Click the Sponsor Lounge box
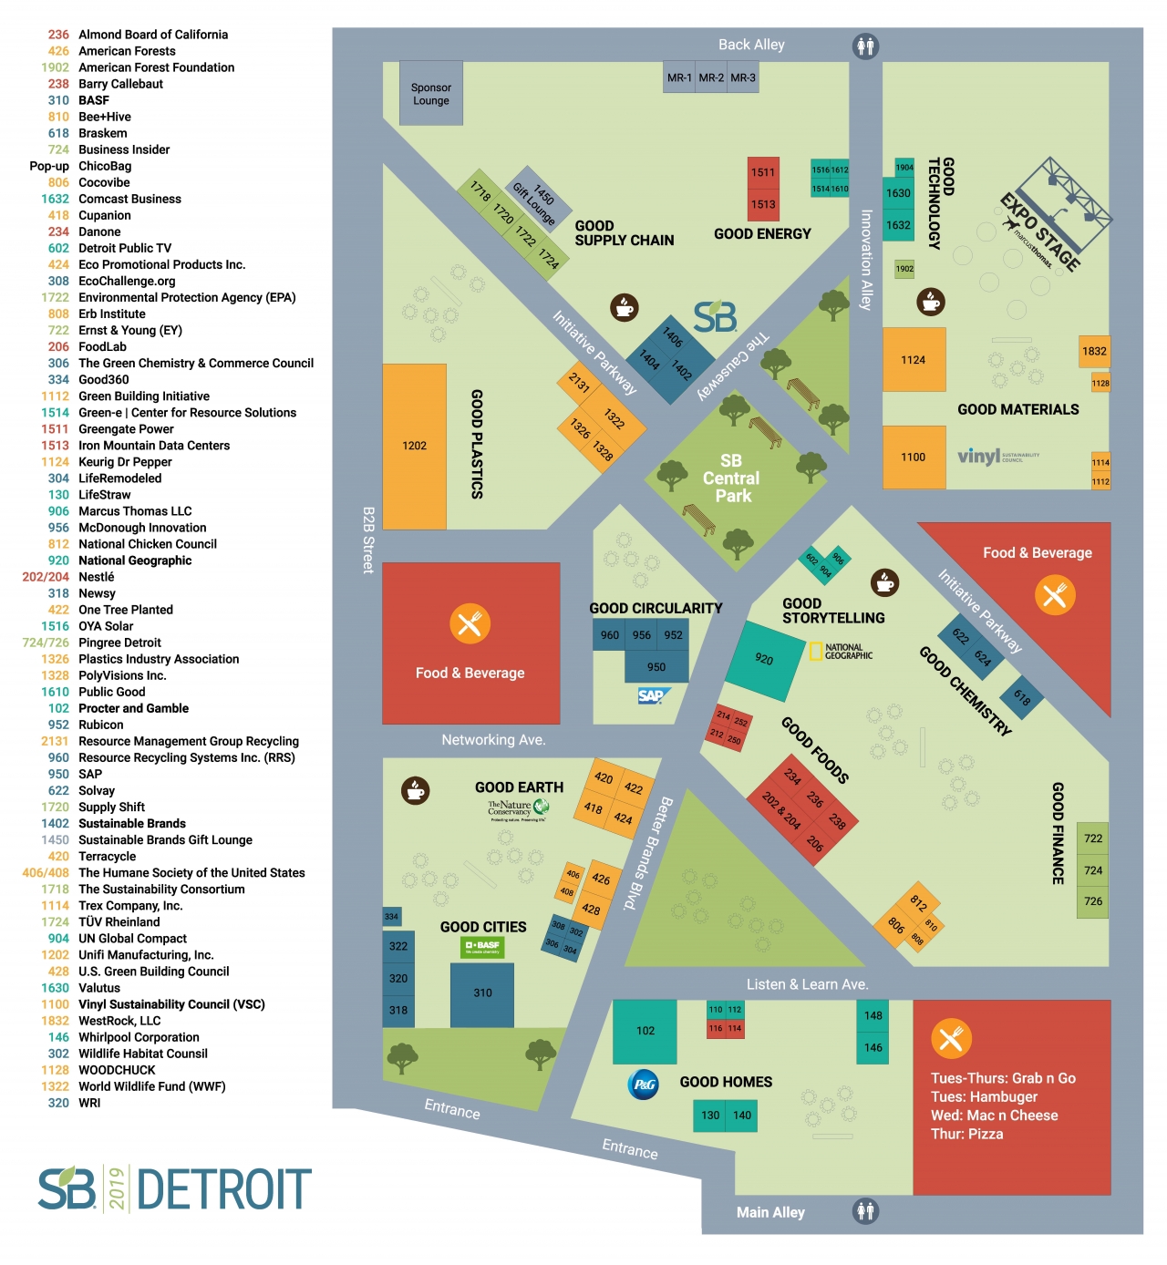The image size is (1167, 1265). tap(431, 94)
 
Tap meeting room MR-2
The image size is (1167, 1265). tap(711, 78)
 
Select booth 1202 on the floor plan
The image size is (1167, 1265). tap(415, 446)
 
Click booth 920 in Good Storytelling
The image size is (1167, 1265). tap(765, 660)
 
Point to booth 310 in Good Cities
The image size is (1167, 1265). tap(482, 993)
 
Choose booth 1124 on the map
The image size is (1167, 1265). tap(914, 360)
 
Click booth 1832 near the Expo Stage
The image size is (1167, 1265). tap(1094, 352)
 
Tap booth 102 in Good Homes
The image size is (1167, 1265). tap(645, 1032)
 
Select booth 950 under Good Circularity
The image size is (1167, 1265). tap(656, 667)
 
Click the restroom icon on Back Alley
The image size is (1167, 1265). tap(865, 46)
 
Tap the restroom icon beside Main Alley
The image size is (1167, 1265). tap(865, 1211)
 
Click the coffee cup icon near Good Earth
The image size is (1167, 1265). tap(416, 789)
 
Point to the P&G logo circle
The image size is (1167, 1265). tap(645, 1085)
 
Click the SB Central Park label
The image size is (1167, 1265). tap(732, 478)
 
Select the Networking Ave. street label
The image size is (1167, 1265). tap(493, 740)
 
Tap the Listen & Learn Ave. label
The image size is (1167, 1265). tap(807, 984)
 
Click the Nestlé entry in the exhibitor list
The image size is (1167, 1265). tap(97, 577)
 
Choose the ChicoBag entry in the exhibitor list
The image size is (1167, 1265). tap(105, 166)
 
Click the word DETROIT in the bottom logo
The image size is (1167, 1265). tap(224, 1189)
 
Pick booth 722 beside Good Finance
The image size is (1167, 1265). tap(1093, 838)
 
